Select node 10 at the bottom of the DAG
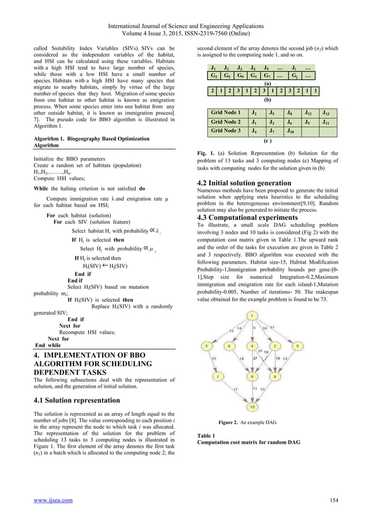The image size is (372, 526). point(251,406)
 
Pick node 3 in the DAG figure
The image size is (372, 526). point(206,346)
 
